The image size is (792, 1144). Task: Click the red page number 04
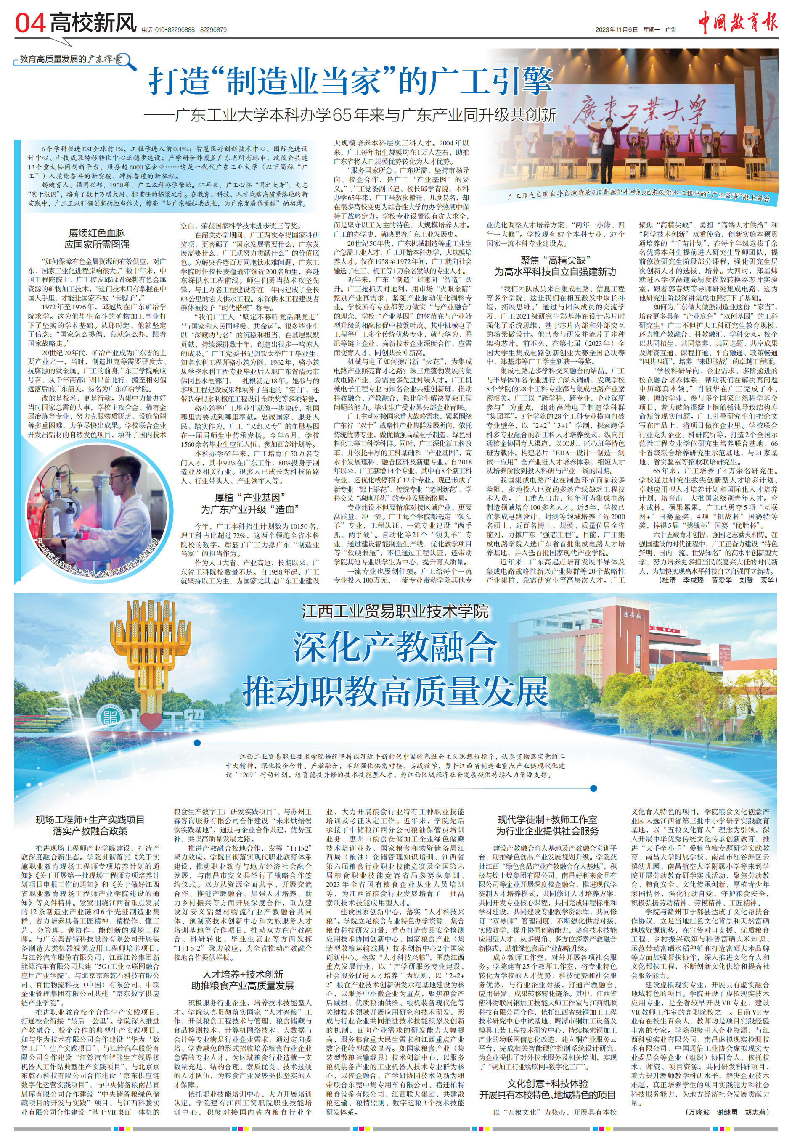coord(30,23)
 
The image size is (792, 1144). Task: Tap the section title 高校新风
coord(93,23)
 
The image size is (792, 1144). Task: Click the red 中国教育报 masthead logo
coord(737,22)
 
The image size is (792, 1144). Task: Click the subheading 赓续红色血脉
coord(97,232)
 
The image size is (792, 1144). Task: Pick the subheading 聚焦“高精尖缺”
coord(555,260)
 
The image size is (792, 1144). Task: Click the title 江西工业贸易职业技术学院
coord(395,611)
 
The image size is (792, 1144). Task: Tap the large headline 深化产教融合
coord(395,646)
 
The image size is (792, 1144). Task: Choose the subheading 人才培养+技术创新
coord(243,974)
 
